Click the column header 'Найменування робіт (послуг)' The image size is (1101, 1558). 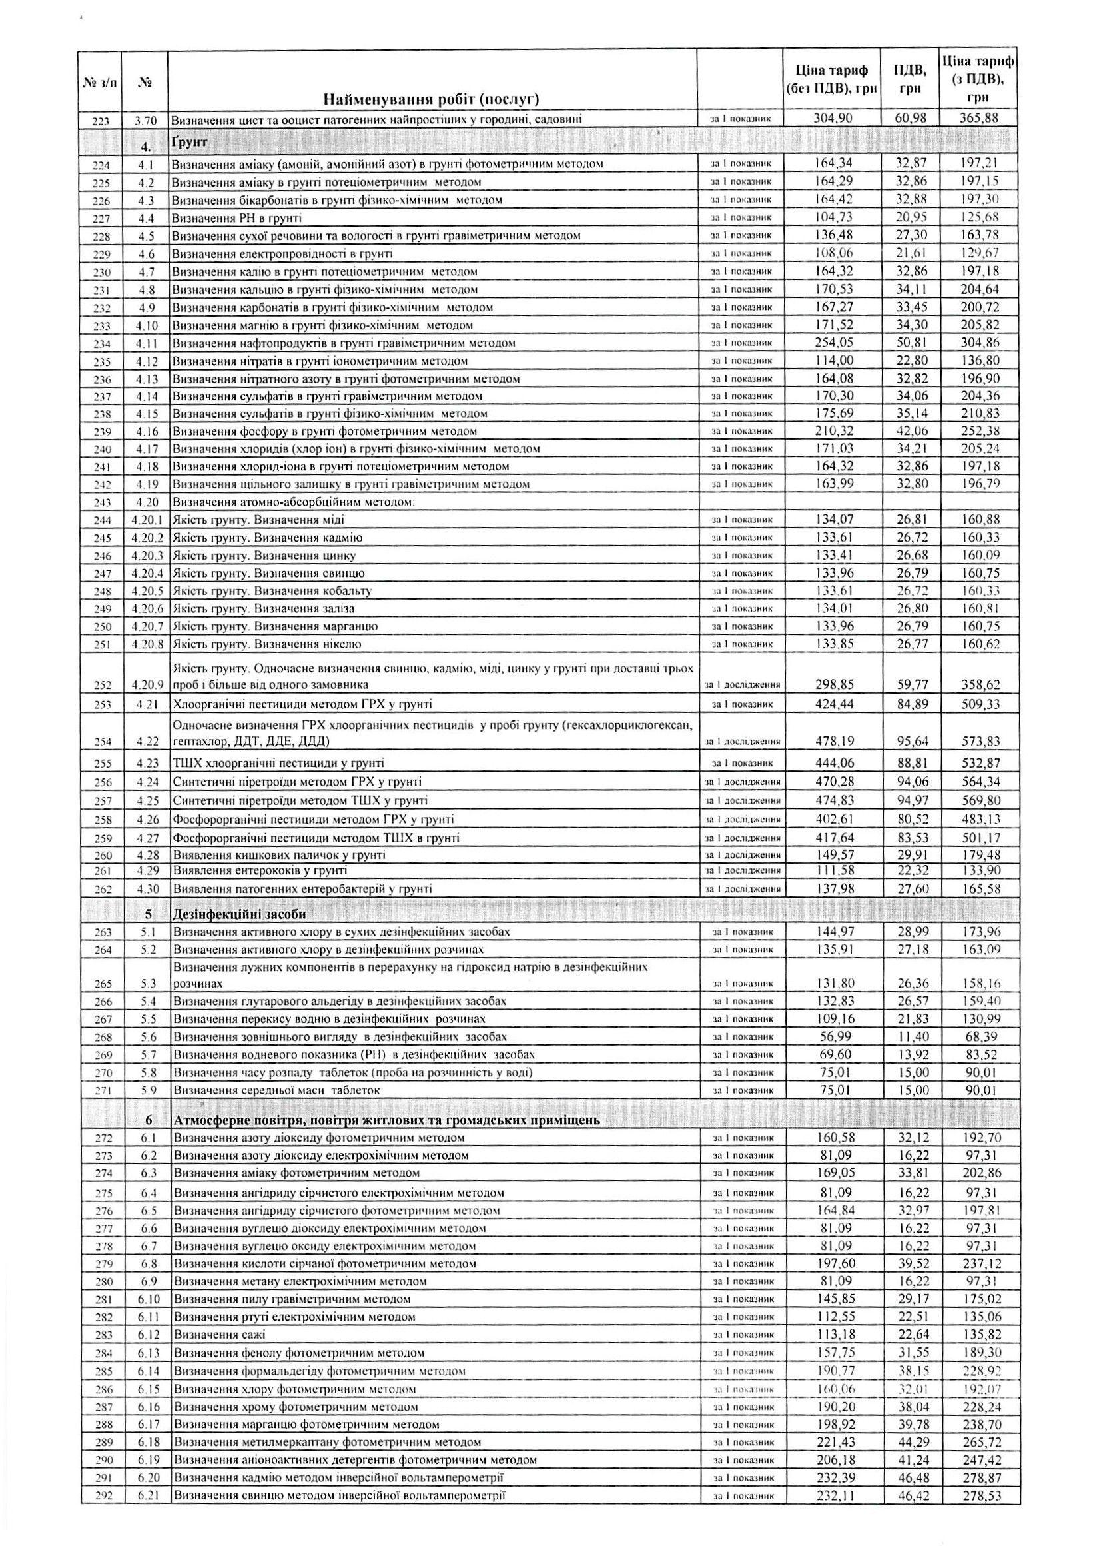[x=431, y=100]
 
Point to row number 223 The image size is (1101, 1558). [x=101, y=121]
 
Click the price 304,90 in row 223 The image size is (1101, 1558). [x=833, y=118]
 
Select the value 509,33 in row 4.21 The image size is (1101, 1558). [x=980, y=704]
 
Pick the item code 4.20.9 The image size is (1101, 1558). [x=147, y=685]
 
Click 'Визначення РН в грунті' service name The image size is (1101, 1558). [x=236, y=218]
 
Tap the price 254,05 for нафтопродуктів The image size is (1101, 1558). [x=833, y=343]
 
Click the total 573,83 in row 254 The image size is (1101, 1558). [x=980, y=741]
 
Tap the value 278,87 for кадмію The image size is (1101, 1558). [x=980, y=1439]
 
